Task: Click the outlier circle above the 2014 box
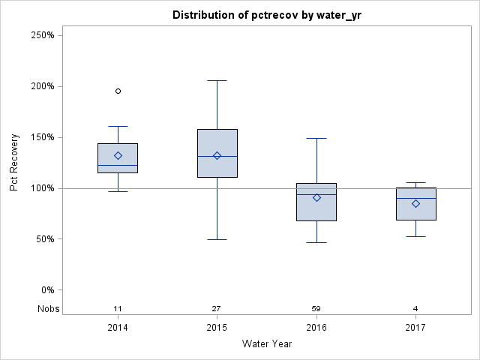point(118,91)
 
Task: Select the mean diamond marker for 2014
point(118,155)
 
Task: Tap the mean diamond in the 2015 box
point(217,155)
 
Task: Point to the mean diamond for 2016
point(316,197)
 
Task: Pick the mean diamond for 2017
point(415,203)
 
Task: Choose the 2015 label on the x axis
point(217,328)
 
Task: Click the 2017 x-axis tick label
point(415,328)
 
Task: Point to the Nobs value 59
point(316,309)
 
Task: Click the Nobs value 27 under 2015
point(217,309)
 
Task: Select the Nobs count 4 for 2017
point(415,309)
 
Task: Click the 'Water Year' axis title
point(266,344)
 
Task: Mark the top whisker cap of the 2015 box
point(217,80)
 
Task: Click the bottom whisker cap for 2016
point(316,242)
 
